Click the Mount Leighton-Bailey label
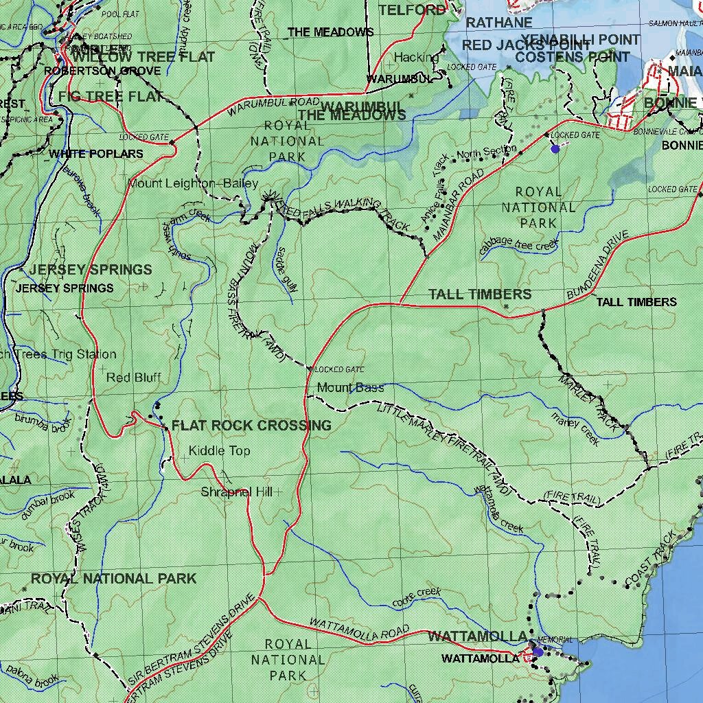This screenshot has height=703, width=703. pyautogui.click(x=193, y=183)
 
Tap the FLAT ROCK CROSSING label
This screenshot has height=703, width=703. pyautogui.click(x=251, y=426)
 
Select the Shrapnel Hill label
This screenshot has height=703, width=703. pyautogui.click(x=237, y=492)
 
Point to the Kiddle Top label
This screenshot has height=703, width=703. pyautogui.click(x=220, y=451)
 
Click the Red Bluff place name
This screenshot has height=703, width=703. pyautogui.click(x=134, y=378)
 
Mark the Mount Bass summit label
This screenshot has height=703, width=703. pyautogui.click(x=350, y=388)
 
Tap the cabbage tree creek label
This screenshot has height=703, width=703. pyautogui.click(x=519, y=245)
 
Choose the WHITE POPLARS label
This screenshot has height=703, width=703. pyautogui.click(x=96, y=154)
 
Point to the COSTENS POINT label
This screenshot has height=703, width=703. pyautogui.click(x=572, y=58)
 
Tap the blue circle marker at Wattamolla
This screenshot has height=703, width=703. pyautogui.click(x=538, y=652)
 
